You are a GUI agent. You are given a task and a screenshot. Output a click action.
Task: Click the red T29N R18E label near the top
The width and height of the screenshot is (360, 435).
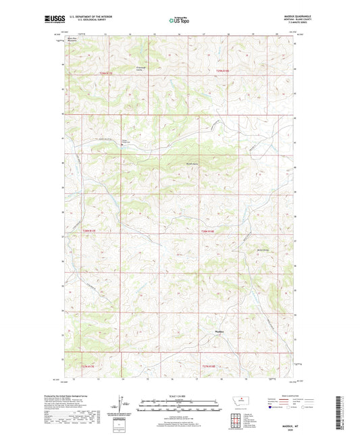tap(223, 70)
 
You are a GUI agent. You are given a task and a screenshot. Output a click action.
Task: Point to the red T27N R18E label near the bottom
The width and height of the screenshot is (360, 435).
tap(210, 366)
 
